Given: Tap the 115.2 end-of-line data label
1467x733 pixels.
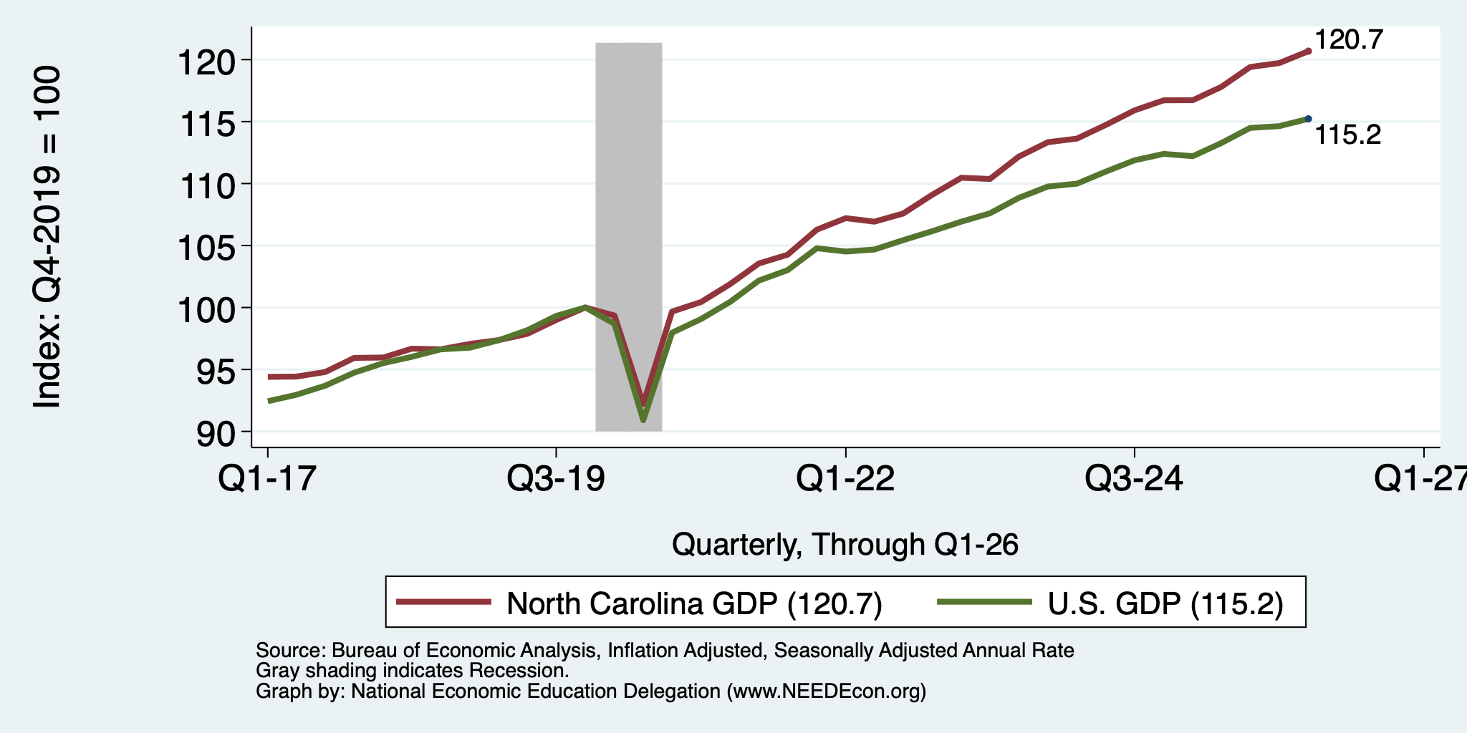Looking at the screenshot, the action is click(x=1348, y=135).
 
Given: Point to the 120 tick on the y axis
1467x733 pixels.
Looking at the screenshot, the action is click(x=206, y=64).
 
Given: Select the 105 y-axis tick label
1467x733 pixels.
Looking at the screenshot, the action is click(x=206, y=250).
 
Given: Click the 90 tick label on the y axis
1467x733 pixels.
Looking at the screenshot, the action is click(x=216, y=435).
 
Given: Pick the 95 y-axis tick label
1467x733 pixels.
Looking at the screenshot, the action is click(x=216, y=374).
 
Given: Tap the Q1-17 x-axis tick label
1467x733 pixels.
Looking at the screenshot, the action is click(x=267, y=478).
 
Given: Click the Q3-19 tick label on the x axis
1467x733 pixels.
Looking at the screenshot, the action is click(x=556, y=478).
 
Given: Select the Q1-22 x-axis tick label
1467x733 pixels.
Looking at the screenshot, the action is click(x=845, y=478).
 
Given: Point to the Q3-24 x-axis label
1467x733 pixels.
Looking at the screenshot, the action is click(x=1134, y=478).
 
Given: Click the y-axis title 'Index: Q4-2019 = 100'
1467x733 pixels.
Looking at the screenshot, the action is click(x=47, y=237).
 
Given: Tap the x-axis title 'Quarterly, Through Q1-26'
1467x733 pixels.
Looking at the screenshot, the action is click(x=845, y=545).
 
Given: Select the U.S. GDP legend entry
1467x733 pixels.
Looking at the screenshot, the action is click(x=1111, y=603).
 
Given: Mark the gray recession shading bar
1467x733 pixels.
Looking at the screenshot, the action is click(x=628, y=237).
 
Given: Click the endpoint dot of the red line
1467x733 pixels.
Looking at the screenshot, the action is click(x=1309, y=51).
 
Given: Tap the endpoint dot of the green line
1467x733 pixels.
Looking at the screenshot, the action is click(x=1309, y=119).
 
